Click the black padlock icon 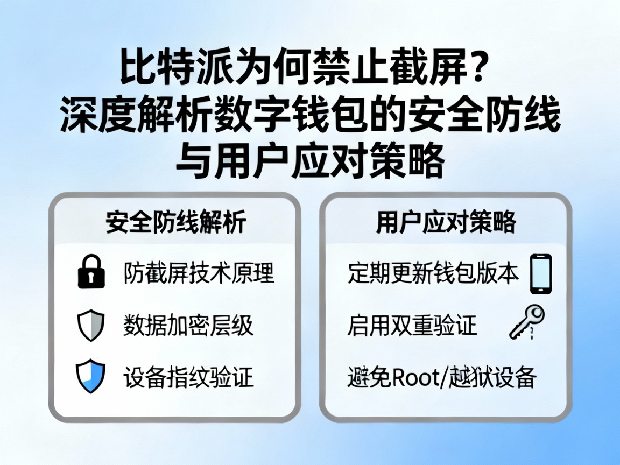91,272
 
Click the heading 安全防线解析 176,222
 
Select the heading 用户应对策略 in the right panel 446,222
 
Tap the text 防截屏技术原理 199,273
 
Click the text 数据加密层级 188,326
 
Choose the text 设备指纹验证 188,377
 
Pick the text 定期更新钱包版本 433,273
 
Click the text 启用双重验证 412,326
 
